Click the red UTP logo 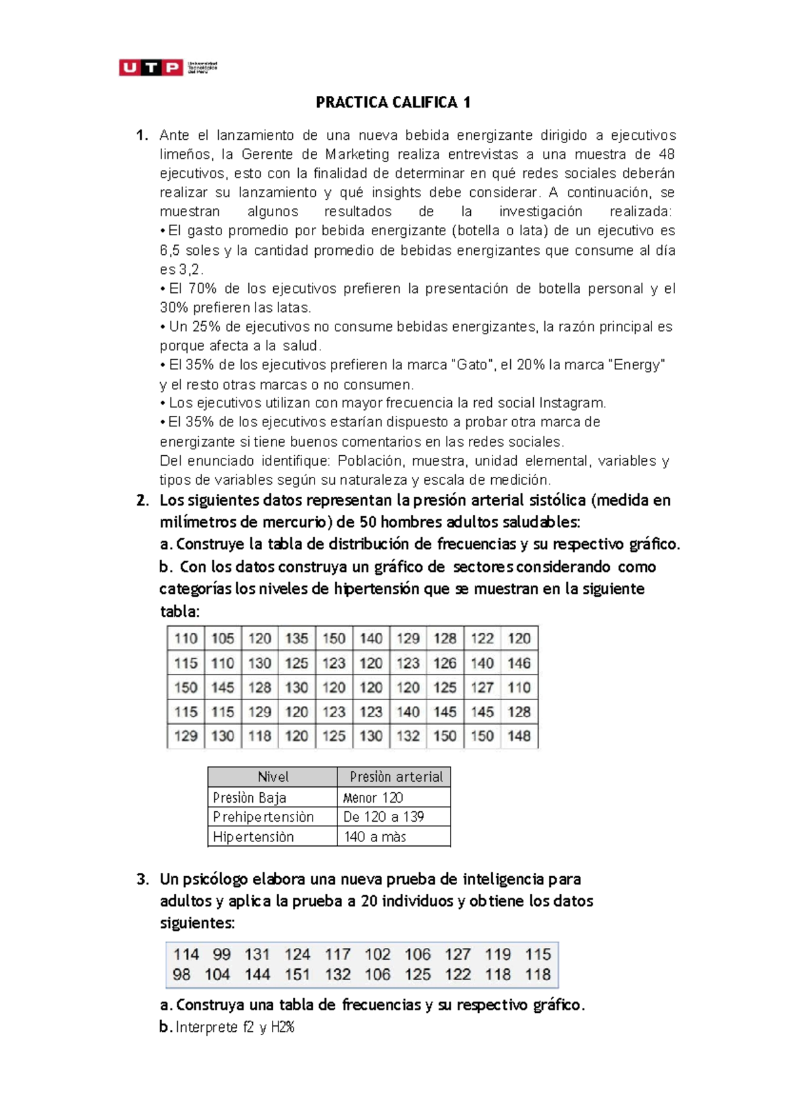150,67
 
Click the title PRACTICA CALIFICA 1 393,102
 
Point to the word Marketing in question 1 357,154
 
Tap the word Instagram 571,403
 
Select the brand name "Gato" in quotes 472,365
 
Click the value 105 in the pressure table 223,638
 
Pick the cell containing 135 297,638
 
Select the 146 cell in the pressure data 519,663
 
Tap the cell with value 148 519,736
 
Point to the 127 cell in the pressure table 482,688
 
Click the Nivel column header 273,777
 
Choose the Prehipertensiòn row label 263,817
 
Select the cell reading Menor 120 373,798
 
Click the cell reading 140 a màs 375,837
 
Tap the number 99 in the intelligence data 222,954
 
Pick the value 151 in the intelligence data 297,975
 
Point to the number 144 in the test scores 257,975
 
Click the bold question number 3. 142,880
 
